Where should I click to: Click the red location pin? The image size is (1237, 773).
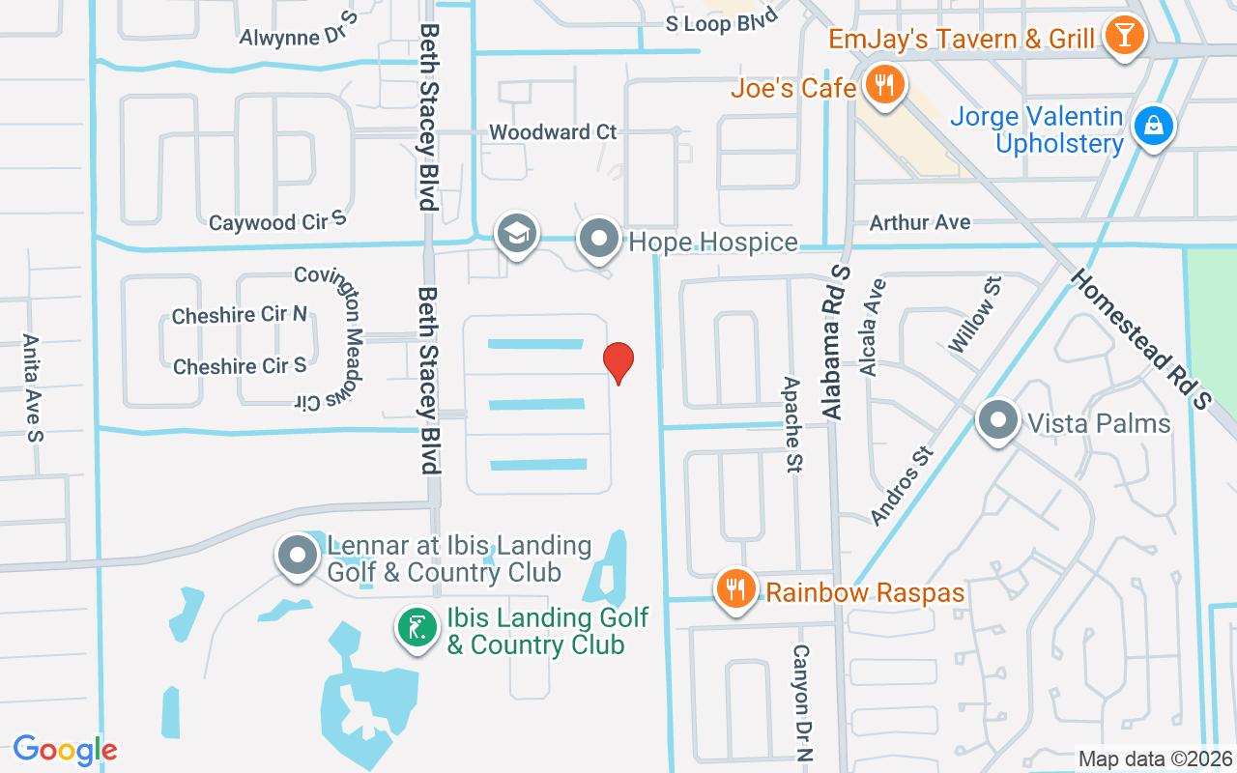pyautogui.click(x=618, y=361)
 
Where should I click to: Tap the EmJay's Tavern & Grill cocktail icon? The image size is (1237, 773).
pyautogui.click(x=1124, y=37)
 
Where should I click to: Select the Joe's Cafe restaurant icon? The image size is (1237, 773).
pyautogui.click(x=883, y=85)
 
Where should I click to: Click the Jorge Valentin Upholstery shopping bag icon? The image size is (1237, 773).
pyautogui.click(x=1153, y=126)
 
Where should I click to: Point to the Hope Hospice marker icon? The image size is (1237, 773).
pyautogui.click(x=599, y=238)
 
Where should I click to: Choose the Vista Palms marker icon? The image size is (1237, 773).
pyautogui.click(x=997, y=421)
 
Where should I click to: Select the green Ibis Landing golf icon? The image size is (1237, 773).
pyautogui.click(x=417, y=629)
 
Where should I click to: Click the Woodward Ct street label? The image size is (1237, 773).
pyautogui.click(x=553, y=131)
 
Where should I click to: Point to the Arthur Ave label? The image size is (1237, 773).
pyautogui.click(x=920, y=222)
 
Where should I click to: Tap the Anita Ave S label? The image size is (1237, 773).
pyautogui.click(x=32, y=387)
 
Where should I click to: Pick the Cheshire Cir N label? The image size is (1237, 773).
pyautogui.click(x=239, y=315)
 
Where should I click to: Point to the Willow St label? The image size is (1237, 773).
pyautogui.click(x=974, y=313)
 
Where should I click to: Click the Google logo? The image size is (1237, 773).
pyautogui.click(x=65, y=749)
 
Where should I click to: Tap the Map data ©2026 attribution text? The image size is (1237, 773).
pyautogui.click(x=1155, y=759)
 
